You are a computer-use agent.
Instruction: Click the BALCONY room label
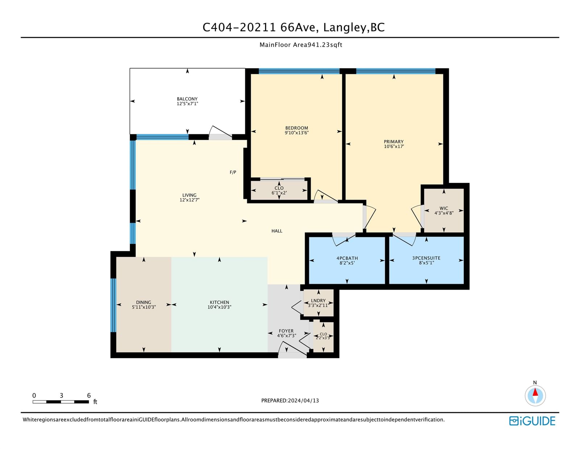pyautogui.click(x=187, y=99)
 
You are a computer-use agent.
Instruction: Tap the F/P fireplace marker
pyautogui.click(x=233, y=172)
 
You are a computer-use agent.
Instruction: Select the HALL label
pyautogui.click(x=277, y=231)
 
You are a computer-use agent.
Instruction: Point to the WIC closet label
pyautogui.click(x=444, y=208)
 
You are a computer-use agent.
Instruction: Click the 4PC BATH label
pyautogui.click(x=347, y=258)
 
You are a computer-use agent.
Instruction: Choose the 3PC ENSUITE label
pyautogui.click(x=426, y=258)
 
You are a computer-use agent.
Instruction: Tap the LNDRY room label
pyautogui.click(x=318, y=301)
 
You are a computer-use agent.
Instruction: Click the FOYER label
pyautogui.click(x=286, y=331)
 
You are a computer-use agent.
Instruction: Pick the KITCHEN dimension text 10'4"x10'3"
pyautogui.click(x=219, y=307)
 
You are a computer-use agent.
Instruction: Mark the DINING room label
pyautogui.click(x=144, y=302)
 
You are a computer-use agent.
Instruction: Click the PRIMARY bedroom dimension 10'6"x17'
pyautogui.click(x=394, y=146)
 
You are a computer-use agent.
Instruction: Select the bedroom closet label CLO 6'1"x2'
pyautogui.click(x=279, y=190)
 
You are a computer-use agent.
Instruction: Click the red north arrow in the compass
pyautogui.click(x=535, y=392)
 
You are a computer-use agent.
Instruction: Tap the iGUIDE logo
pyautogui.click(x=532, y=421)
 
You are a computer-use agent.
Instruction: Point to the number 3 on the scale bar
pyautogui.click(x=61, y=395)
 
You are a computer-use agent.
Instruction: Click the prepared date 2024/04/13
pyautogui.click(x=303, y=400)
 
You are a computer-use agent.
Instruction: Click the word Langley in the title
pyautogui.click(x=344, y=28)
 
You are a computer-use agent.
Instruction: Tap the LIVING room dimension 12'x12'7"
pyautogui.click(x=190, y=200)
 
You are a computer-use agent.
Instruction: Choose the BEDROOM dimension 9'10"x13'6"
pyautogui.click(x=297, y=132)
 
